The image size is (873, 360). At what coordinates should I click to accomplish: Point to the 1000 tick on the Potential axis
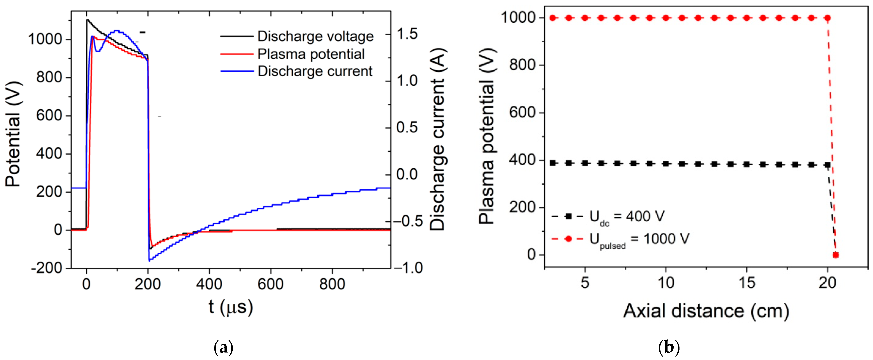(x=45, y=40)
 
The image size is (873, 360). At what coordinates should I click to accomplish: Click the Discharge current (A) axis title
(x=437, y=139)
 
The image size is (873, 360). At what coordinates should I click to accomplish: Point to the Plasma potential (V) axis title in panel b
(x=487, y=136)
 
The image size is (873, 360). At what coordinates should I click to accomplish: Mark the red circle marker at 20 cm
(x=827, y=18)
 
